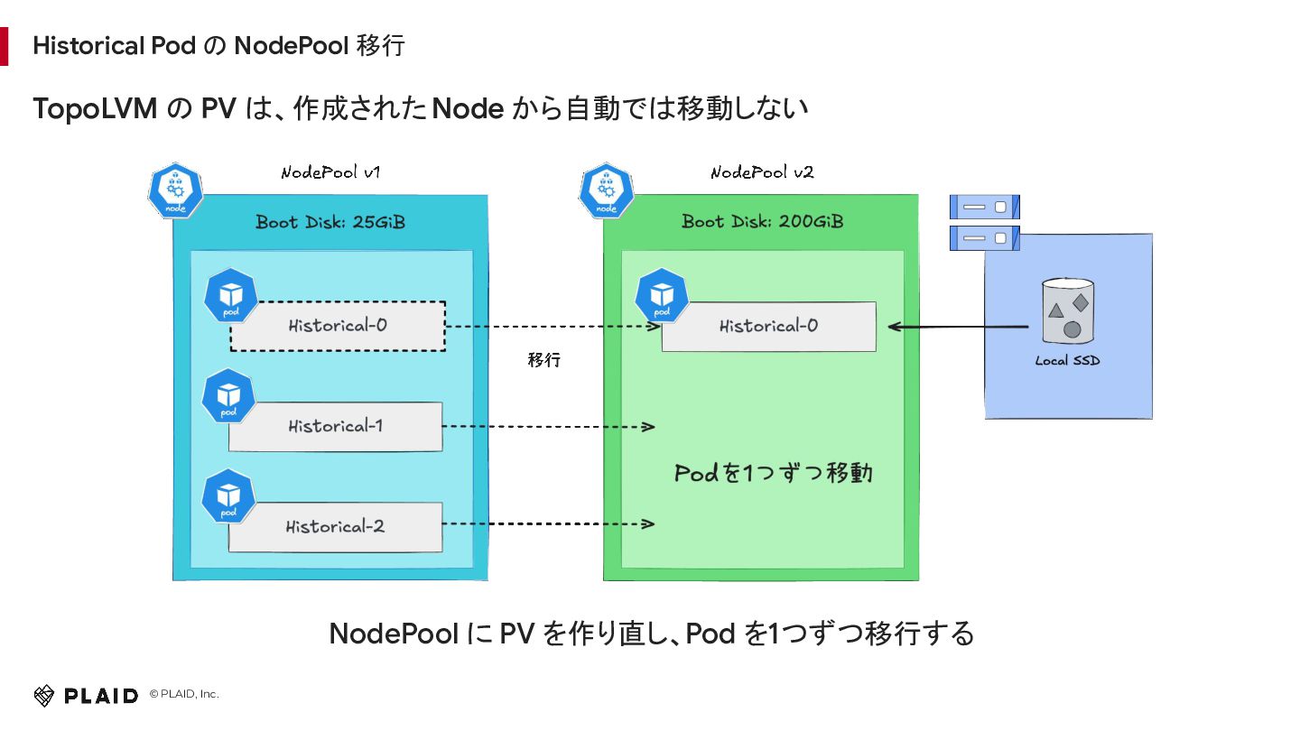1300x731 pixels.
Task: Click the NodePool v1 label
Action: point(330,172)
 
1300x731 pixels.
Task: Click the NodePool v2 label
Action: point(762,172)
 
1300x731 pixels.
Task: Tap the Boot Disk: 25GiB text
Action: point(330,222)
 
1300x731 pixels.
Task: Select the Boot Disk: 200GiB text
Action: point(762,222)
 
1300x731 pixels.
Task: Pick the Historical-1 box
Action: point(336,426)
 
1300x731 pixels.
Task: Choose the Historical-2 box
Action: point(336,527)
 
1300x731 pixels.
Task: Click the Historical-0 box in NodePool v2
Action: point(769,326)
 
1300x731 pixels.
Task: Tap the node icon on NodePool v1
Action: point(175,191)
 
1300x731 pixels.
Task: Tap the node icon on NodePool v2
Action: point(607,191)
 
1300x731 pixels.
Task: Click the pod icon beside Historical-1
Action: point(228,395)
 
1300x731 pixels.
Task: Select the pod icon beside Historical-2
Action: point(228,496)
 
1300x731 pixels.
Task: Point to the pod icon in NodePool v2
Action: point(662,295)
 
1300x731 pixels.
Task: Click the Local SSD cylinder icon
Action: point(1068,311)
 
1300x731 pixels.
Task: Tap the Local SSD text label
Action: point(1067,361)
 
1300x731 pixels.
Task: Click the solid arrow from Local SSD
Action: point(958,328)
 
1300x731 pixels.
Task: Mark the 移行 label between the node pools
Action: point(543,360)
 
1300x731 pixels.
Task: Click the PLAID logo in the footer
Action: point(86,696)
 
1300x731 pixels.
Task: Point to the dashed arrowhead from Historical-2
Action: point(648,523)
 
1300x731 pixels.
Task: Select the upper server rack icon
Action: point(984,208)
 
